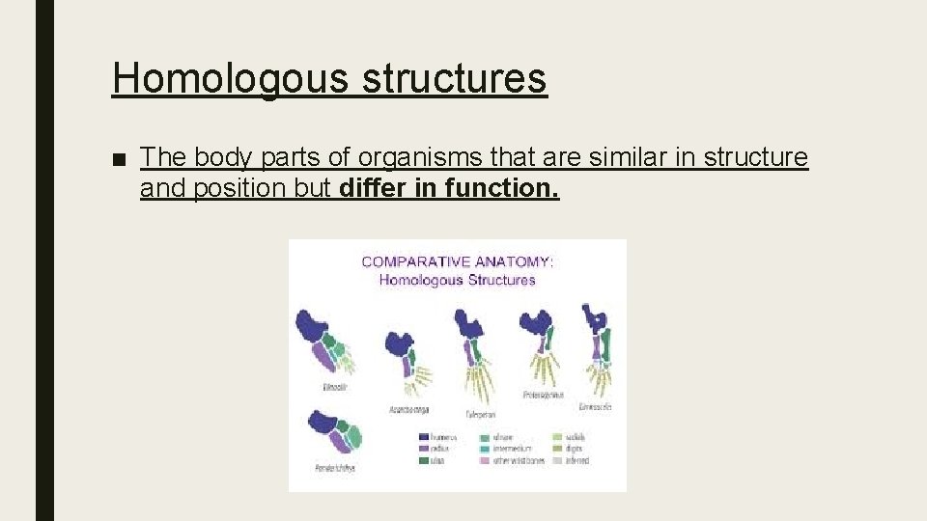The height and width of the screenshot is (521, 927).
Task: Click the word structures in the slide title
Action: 455,78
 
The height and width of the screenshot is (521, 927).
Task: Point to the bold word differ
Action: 375,187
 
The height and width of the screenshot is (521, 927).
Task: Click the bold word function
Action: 502,187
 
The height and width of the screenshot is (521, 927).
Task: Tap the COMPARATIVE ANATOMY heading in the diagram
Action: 457,261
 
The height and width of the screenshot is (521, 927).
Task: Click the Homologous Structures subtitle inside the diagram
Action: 457,280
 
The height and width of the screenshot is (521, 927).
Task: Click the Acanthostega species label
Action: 408,409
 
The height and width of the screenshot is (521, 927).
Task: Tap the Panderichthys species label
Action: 335,468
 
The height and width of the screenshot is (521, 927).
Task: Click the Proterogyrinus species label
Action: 543,394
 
